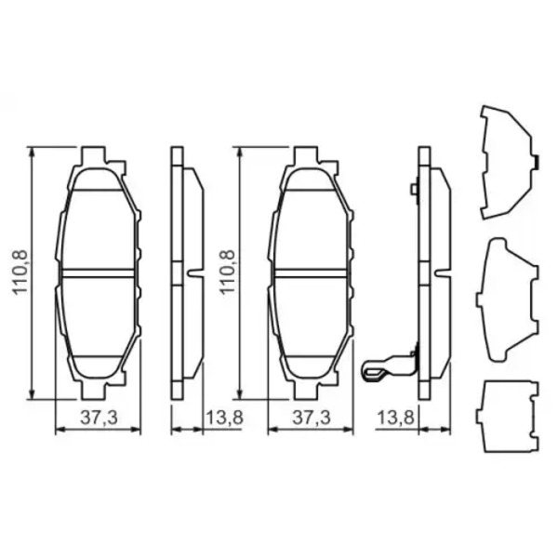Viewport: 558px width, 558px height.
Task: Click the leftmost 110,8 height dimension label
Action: (x=20, y=272)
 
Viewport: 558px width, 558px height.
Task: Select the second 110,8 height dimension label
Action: (x=228, y=272)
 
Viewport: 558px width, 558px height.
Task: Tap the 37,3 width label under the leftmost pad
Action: (x=99, y=418)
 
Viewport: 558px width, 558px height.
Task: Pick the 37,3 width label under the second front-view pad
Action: (x=311, y=418)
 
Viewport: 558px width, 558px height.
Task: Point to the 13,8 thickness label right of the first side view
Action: (x=225, y=418)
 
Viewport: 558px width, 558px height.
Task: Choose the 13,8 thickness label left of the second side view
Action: (x=396, y=418)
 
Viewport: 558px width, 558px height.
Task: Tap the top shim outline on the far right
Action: (x=509, y=162)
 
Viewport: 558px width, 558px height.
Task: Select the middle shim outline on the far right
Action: (x=508, y=300)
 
